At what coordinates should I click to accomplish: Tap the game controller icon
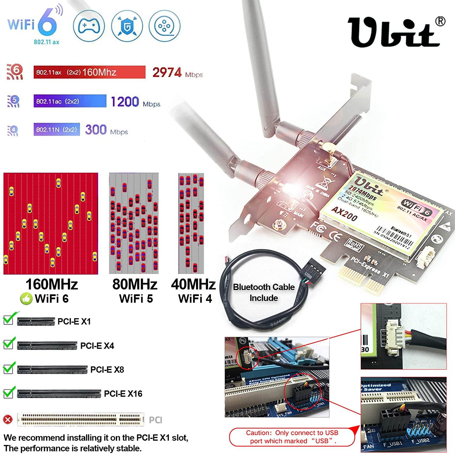coord(89,26)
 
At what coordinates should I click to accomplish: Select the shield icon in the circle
coord(127,26)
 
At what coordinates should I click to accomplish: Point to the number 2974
coord(167,72)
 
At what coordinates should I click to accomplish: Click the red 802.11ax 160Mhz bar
coord(89,72)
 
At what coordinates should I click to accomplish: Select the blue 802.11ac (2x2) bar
coord(70,101)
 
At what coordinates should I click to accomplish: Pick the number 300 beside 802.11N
coord(96,130)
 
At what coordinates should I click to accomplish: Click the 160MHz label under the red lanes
coord(52,284)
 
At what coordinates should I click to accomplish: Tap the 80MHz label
coord(135,284)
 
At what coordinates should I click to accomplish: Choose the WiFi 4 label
coord(195,299)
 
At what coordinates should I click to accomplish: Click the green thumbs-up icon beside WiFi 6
coord(26,299)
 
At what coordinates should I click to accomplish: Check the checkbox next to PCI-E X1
coord(8,319)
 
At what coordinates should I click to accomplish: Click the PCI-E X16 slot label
coord(123,394)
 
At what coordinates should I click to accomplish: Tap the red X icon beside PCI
coord(8,420)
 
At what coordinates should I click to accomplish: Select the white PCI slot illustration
coord(80,419)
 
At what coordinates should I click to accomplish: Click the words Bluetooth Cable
coord(264,287)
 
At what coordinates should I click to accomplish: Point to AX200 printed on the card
coord(344,214)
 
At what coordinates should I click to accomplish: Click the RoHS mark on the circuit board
coord(354,244)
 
